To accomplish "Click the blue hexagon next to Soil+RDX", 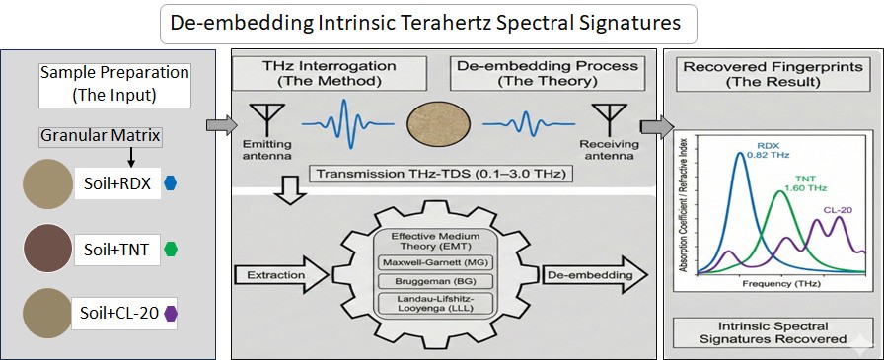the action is pyautogui.click(x=171, y=183).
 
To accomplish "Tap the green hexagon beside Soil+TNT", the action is pyautogui.click(x=171, y=249).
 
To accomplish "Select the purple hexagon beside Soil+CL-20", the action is pyautogui.click(x=171, y=314).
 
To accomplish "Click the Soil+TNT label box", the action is pyautogui.click(x=116, y=249).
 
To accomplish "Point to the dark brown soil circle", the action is pyautogui.click(x=48, y=249).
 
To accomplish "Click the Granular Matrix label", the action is pyautogui.click(x=101, y=137).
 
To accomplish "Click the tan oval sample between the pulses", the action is pyautogui.click(x=439, y=124).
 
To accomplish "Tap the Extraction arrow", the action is pyautogui.click(x=280, y=275).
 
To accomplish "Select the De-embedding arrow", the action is pyautogui.click(x=595, y=275).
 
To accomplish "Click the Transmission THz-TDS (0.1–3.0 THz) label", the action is pyautogui.click(x=440, y=174).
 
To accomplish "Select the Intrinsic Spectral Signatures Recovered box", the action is pyautogui.click(x=773, y=333).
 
